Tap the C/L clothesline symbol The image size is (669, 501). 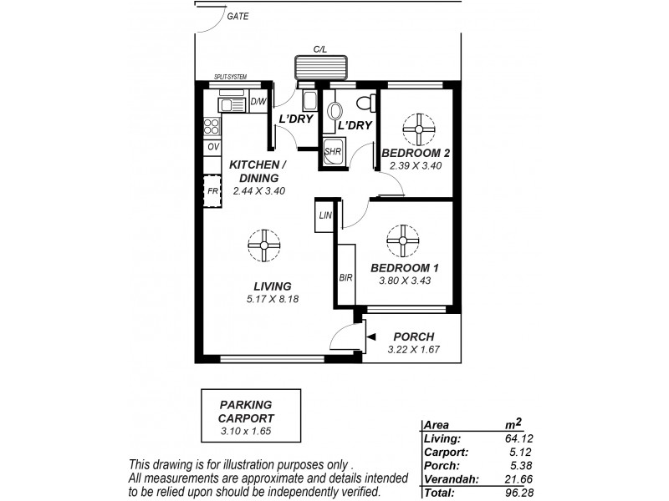pyautogui.click(x=319, y=66)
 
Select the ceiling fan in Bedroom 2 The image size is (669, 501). pyautogui.click(x=417, y=129)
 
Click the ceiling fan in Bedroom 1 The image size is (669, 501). pyautogui.click(x=403, y=240)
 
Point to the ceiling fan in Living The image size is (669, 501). pyautogui.click(x=264, y=245)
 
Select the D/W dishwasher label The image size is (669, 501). pyautogui.click(x=258, y=103)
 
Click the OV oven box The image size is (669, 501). pyautogui.click(x=212, y=147)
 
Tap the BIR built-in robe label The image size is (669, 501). pyautogui.click(x=345, y=277)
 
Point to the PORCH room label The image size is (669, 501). pyautogui.click(x=412, y=337)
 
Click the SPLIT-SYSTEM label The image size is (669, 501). pyautogui.click(x=230, y=77)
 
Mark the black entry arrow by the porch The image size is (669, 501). pyautogui.click(x=371, y=337)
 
